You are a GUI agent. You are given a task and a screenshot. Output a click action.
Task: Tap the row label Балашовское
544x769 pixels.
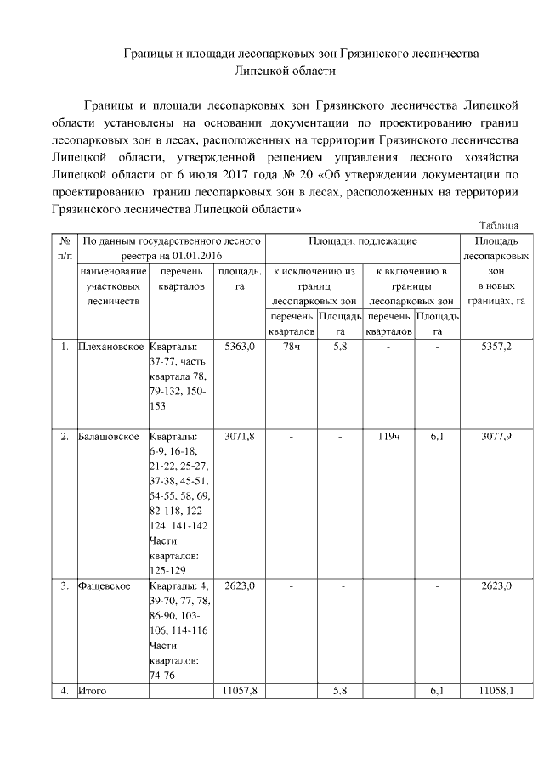pyautogui.click(x=108, y=437)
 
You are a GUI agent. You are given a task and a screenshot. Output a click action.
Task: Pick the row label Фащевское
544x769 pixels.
pyautogui.click(x=104, y=586)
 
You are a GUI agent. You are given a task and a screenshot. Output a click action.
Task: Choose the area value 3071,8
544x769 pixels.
pyautogui.click(x=239, y=437)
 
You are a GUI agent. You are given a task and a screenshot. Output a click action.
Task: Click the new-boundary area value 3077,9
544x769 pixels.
pyautogui.click(x=496, y=437)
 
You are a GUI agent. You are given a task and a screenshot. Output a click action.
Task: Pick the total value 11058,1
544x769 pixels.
pyautogui.click(x=496, y=692)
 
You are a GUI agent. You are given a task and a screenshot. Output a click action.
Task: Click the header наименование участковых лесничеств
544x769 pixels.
pyautogui.click(x=112, y=286)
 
